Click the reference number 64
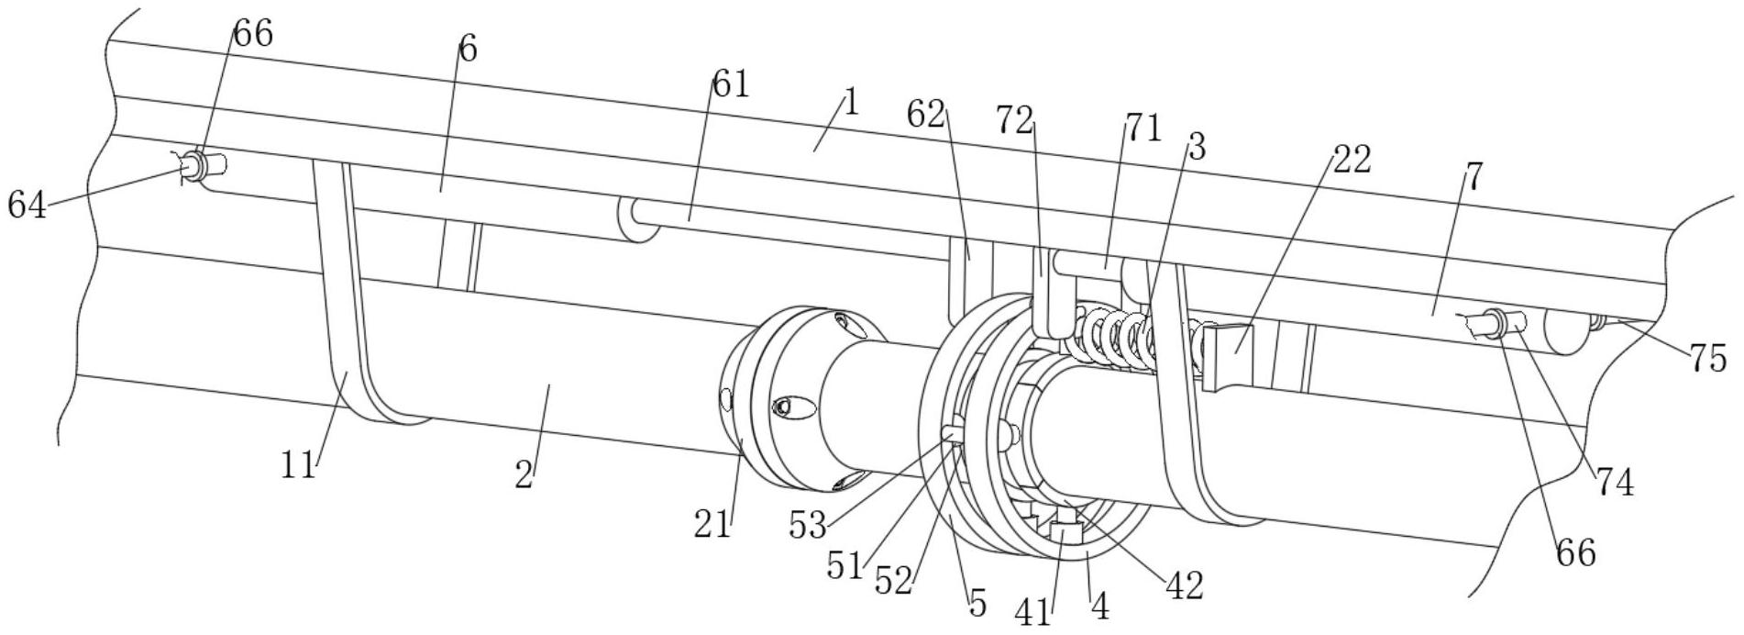(x=27, y=204)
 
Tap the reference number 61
(x=731, y=84)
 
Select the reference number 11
(x=299, y=465)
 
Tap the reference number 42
(x=1184, y=585)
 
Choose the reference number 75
(x=1707, y=359)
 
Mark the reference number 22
(x=1352, y=160)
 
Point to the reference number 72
(x=1015, y=119)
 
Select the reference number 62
(x=927, y=115)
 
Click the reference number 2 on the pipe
(x=524, y=474)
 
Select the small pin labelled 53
(x=952, y=429)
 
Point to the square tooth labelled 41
(x=1065, y=532)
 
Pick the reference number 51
(x=844, y=565)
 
